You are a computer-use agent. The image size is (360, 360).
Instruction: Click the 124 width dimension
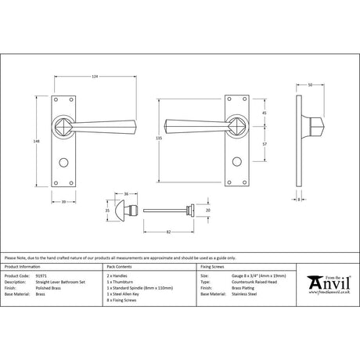point(95,76)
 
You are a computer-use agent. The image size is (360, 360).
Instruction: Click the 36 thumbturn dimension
point(125,193)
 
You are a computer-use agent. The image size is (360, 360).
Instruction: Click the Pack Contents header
point(119,266)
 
